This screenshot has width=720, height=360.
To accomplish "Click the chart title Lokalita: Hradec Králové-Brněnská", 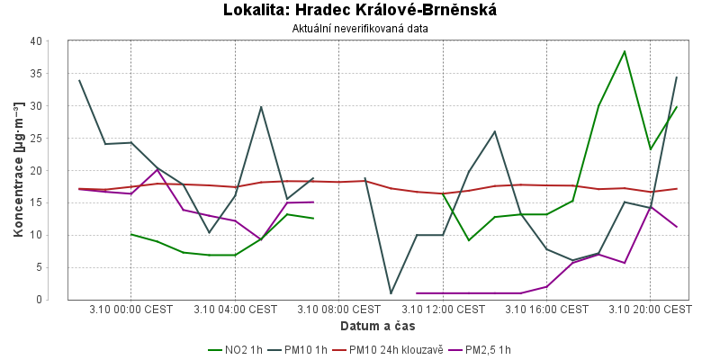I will [360, 10].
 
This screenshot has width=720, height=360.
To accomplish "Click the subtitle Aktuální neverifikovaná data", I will [360, 29].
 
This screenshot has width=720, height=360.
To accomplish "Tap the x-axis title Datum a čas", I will [377, 325].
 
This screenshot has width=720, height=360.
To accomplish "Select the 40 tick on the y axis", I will [36, 41].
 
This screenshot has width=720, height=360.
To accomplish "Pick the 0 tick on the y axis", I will [39, 300].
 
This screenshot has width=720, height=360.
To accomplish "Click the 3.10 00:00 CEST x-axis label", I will [131, 310].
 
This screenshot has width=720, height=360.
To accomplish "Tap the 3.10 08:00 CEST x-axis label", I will [339, 310].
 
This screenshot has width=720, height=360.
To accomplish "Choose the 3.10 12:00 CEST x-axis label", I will [443, 310].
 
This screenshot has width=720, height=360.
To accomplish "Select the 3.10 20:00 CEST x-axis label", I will [651, 310].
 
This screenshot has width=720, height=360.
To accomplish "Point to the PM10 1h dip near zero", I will [391, 293].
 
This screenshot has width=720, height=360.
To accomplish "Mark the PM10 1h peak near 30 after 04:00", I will [261, 107].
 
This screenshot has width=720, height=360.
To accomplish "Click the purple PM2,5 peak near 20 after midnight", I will [157, 169].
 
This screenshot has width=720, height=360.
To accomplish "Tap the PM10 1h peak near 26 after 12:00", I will [495, 131].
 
